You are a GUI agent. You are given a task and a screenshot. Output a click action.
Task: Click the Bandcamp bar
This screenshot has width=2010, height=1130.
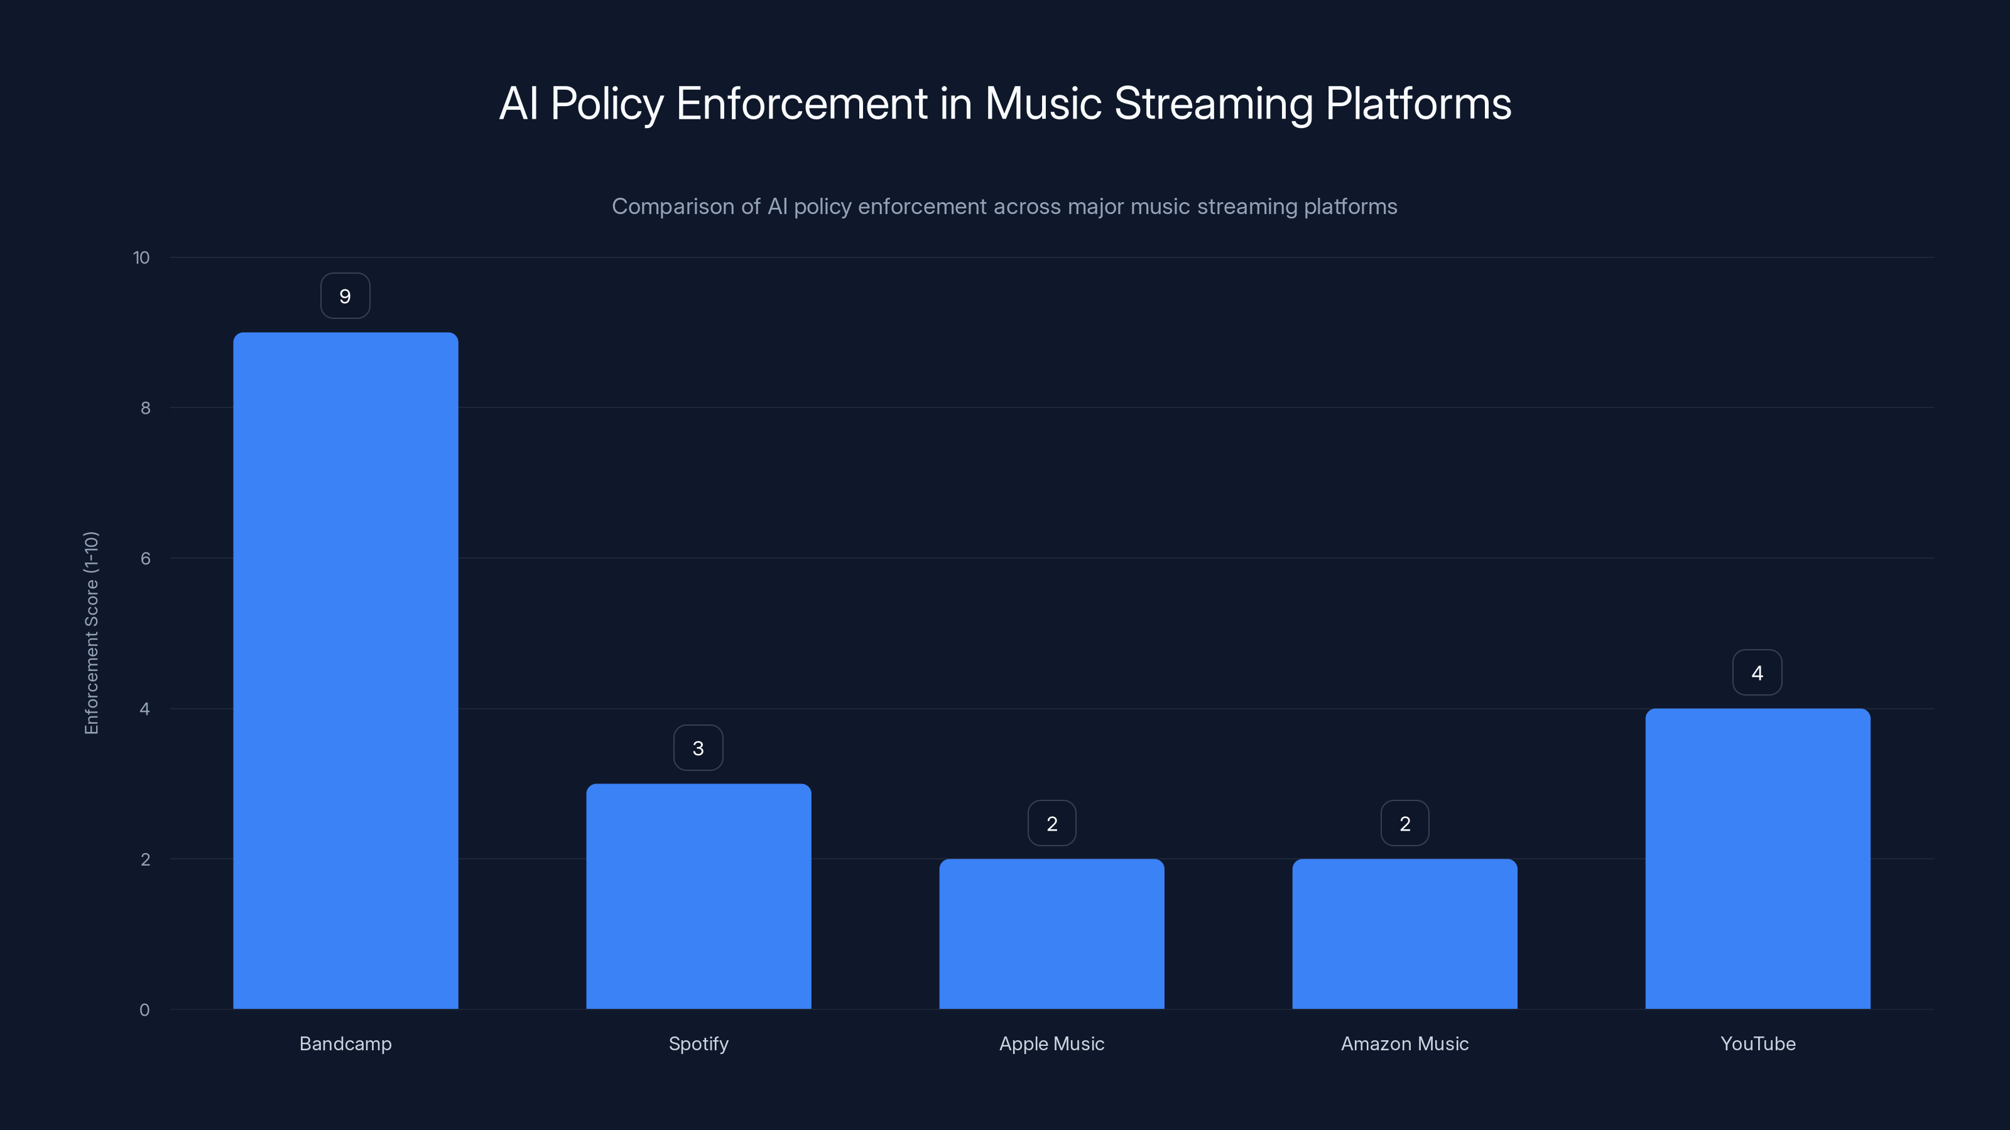pyautogui.click(x=345, y=670)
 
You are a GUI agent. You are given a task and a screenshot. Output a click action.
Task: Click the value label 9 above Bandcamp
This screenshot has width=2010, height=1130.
pyautogui.click(x=345, y=296)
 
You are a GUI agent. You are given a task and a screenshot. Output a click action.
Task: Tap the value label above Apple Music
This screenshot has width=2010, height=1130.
pyautogui.click(x=1052, y=824)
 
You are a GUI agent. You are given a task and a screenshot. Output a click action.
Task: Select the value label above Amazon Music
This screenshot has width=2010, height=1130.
pyautogui.click(x=1404, y=824)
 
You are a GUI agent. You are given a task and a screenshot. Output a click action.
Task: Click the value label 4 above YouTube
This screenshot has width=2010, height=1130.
pyautogui.click(x=1757, y=673)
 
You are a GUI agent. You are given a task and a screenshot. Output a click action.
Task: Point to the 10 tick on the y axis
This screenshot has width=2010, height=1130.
pyautogui.click(x=141, y=257)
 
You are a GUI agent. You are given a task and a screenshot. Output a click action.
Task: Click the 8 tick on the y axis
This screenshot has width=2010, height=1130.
pyautogui.click(x=145, y=408)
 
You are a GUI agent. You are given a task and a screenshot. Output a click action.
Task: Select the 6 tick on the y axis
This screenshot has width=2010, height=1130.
pyautogui.click(x=145, y=558)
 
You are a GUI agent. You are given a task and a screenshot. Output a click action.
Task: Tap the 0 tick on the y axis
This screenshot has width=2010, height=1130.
pyautogui.click(x=144, y=1010)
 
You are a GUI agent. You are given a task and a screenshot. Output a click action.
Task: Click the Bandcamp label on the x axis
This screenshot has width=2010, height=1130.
pyautogui.click(x=345, y=1043)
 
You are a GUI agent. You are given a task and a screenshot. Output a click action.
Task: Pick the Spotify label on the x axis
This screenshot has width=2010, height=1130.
pyautogui.click(x=698, y=1043)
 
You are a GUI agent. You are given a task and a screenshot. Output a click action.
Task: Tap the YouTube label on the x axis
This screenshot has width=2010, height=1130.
pyautogui.click(x=1758, y=1043)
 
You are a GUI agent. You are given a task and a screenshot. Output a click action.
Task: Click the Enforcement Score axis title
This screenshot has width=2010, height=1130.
pyautogui.click(x=91, y=632)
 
